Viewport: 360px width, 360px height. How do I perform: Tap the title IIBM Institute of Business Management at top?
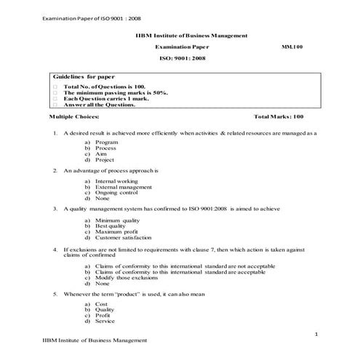click(191, 34)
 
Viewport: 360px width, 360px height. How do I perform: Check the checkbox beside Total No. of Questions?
click(55, 87)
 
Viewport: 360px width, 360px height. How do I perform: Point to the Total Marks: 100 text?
click(279, 116)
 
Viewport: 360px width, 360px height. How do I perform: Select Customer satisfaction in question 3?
click(123, 237)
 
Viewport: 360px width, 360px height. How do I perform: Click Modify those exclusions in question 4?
click(124, 277)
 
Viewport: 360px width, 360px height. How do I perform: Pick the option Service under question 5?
click(105, 321)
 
